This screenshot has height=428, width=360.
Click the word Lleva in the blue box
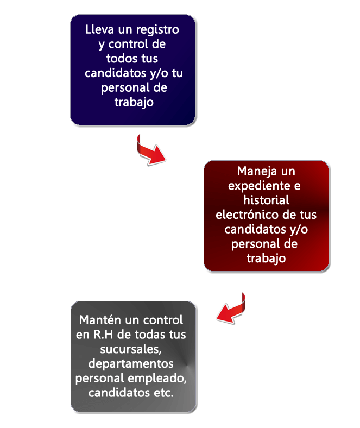click(99, 29)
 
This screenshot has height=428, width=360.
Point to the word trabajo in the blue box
click(134, 102)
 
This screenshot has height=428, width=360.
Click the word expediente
click(260, 186)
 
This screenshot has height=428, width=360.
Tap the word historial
click(266, 200)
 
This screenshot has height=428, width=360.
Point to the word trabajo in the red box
click(266, 258)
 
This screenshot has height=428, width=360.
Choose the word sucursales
click(131, 349)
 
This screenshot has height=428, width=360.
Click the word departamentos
click(131, 364)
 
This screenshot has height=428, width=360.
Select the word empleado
click(157, 379)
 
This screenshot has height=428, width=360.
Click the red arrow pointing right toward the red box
click(149, 152)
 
